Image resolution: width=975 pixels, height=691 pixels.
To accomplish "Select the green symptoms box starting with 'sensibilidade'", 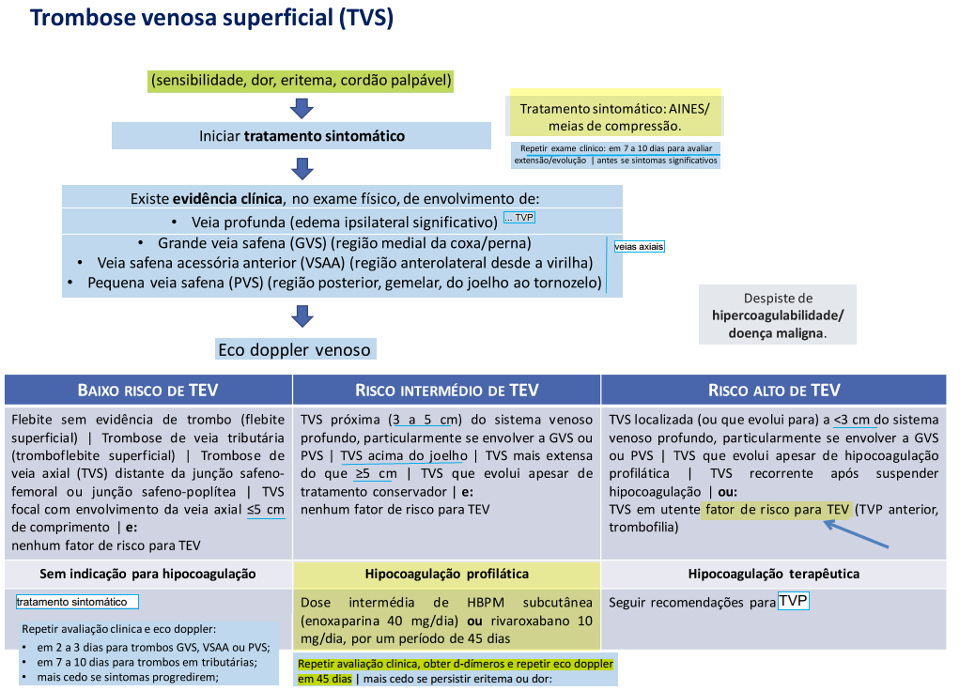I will (302, 82).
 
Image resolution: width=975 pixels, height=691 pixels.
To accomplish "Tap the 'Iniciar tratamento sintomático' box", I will (302, 136).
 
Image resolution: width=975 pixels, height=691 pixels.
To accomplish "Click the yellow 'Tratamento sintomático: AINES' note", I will (615, 116).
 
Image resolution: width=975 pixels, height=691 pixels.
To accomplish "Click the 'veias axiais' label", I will (639, 247).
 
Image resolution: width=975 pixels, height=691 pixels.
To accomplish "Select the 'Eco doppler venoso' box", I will (294, 350).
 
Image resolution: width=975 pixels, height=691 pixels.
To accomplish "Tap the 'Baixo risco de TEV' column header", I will (147, 391).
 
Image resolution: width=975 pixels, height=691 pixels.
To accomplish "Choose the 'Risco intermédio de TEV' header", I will (447, 391).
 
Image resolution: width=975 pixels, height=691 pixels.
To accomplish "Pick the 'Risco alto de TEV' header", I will (774, 391).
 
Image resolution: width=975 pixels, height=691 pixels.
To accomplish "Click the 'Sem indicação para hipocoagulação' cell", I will (147, 574).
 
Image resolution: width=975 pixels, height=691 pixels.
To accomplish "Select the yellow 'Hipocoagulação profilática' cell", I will (447, 574).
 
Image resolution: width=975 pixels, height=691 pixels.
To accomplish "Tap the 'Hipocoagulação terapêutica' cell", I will (774, 574).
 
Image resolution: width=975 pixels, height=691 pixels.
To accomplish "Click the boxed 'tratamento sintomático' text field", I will (77, 602).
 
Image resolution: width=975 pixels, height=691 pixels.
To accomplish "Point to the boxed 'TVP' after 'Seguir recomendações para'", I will (794, 601).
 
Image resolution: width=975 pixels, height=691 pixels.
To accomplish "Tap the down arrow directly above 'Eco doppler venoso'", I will (302, 316).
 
